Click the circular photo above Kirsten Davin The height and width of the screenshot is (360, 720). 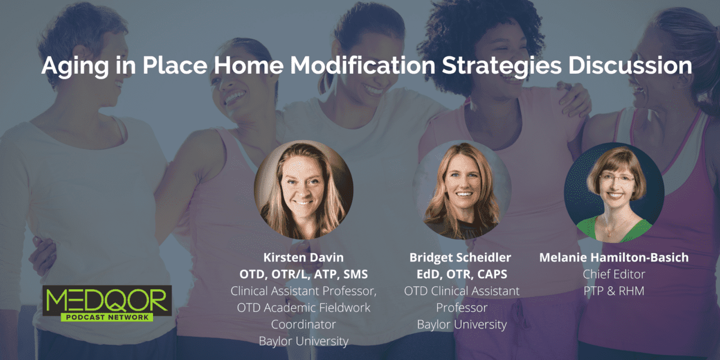pyautogui.click(x=304, y=190)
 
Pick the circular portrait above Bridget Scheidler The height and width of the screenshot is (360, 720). pyautogui.click(x=462, y=190)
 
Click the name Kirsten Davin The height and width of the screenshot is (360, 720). pyautogui.click(x=303, y=257)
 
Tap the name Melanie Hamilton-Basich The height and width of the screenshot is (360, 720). pyautogui.click(x=614, y=257)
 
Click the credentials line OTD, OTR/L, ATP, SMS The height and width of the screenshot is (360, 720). pyautogui.click(x=303, y=274)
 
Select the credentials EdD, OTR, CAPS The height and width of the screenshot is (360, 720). pyautogui.click(x=461, y=274)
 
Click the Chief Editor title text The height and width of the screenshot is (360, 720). pyautogui.click(x=614, y=274)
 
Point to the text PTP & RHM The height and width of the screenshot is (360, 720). pyautogui.click(x=614, y=291)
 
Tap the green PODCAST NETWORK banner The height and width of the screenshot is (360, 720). pyautogui.click(x=107, y=317)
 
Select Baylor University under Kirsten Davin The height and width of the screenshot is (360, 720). pyautogui.click(x=303, y=341)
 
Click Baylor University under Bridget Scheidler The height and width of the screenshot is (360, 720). pyautogui.click(x=461, y=325)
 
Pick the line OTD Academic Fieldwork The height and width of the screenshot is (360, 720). pyautogui.click(x=303, y=308)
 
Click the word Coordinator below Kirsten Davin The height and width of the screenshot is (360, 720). pyautogui.click(x=303, y=325)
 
